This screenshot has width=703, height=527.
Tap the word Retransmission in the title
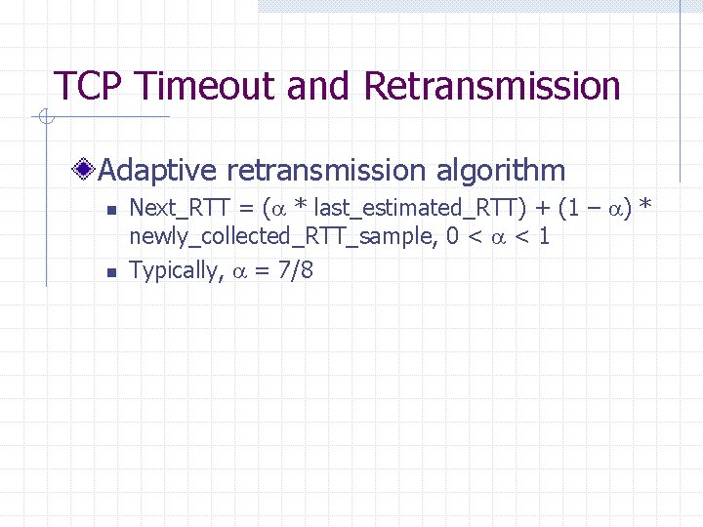coord(492,86)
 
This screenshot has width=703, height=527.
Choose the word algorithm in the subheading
coord(500,171)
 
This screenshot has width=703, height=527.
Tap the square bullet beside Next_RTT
coord(110,209)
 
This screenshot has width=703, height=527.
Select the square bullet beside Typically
coord(110,272)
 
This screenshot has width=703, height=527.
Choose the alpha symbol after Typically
coord(241,271)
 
